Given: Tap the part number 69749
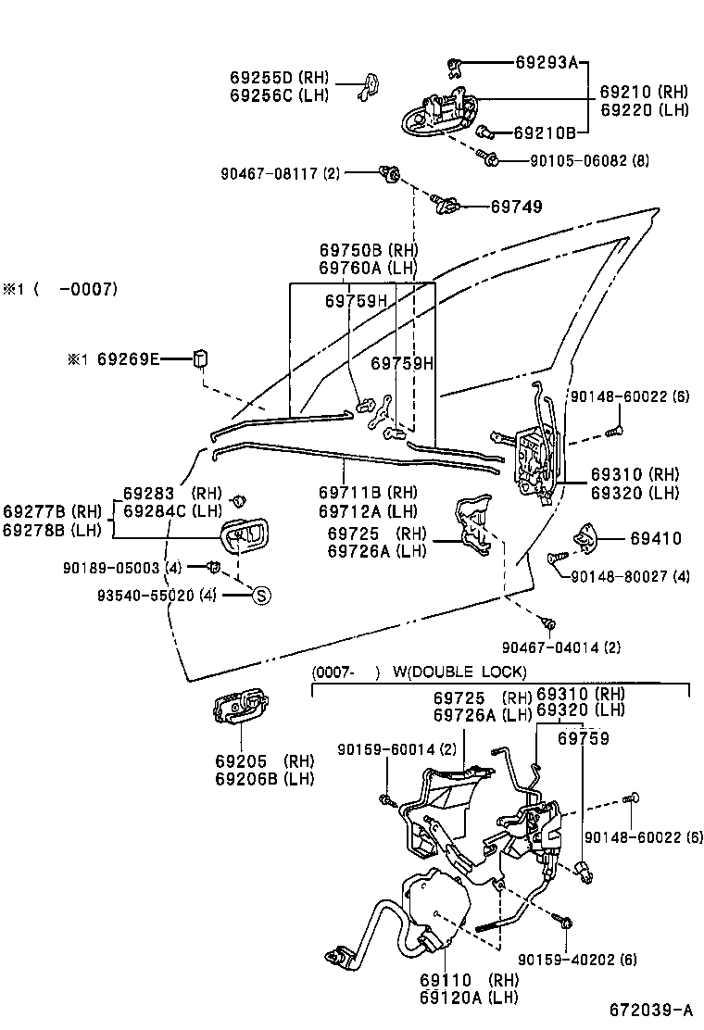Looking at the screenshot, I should click(x=516, y=207).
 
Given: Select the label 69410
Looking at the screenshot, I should click(x=655, y=538).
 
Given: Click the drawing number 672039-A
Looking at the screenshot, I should click(x=650, y=1008).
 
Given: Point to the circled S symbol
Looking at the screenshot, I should click(x=261, y=596).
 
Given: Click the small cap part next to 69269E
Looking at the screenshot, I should click(x=199, y=358).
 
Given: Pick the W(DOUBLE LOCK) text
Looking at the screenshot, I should click(x=459, y=671).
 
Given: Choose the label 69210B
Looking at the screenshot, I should click(x=545, y=132).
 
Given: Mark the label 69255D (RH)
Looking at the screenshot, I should click(x=279, y=77).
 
